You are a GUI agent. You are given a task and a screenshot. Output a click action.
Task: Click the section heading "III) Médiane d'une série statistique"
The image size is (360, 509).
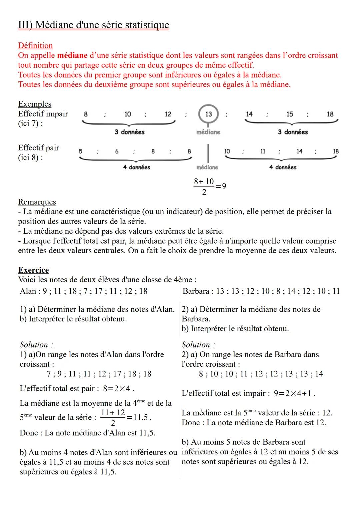[x=93, y=25]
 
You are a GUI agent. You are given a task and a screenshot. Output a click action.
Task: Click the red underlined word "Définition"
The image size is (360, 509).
[x=35, y=46]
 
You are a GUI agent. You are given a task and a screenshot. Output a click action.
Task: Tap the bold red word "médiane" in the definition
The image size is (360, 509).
[x=72, y=55]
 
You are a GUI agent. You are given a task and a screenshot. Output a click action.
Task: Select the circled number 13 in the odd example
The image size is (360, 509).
[x=208, y=114]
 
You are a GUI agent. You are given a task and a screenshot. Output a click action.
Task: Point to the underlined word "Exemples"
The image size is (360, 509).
[x=35, y=104]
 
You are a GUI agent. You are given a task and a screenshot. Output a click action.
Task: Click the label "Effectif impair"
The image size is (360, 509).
[x=43, y=114]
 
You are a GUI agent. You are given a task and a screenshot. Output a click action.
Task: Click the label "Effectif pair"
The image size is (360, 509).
[x=38, y=148]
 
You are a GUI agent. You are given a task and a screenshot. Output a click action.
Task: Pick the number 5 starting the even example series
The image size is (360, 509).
[x=80, y=151]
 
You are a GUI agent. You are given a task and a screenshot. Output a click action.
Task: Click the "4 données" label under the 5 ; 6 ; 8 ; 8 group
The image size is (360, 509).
[x=136, y=167]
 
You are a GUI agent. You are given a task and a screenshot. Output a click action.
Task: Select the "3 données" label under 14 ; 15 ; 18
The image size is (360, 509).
[x=293, y=132]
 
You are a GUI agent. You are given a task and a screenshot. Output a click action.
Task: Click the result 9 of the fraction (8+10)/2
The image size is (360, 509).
[x=224, y=186]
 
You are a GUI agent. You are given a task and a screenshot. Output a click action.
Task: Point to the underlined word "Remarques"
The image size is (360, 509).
[x=37, y=202]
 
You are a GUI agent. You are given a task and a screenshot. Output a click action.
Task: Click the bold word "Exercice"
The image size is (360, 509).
[x=33, y=270]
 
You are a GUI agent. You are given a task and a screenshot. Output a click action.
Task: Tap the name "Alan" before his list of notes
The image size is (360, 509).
[x=28, y=291]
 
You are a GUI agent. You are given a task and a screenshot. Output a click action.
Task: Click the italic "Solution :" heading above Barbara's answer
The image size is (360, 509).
[x=198, y=345]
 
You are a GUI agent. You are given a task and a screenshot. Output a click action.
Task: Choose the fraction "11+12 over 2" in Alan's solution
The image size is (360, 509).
[x=113, y=417]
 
